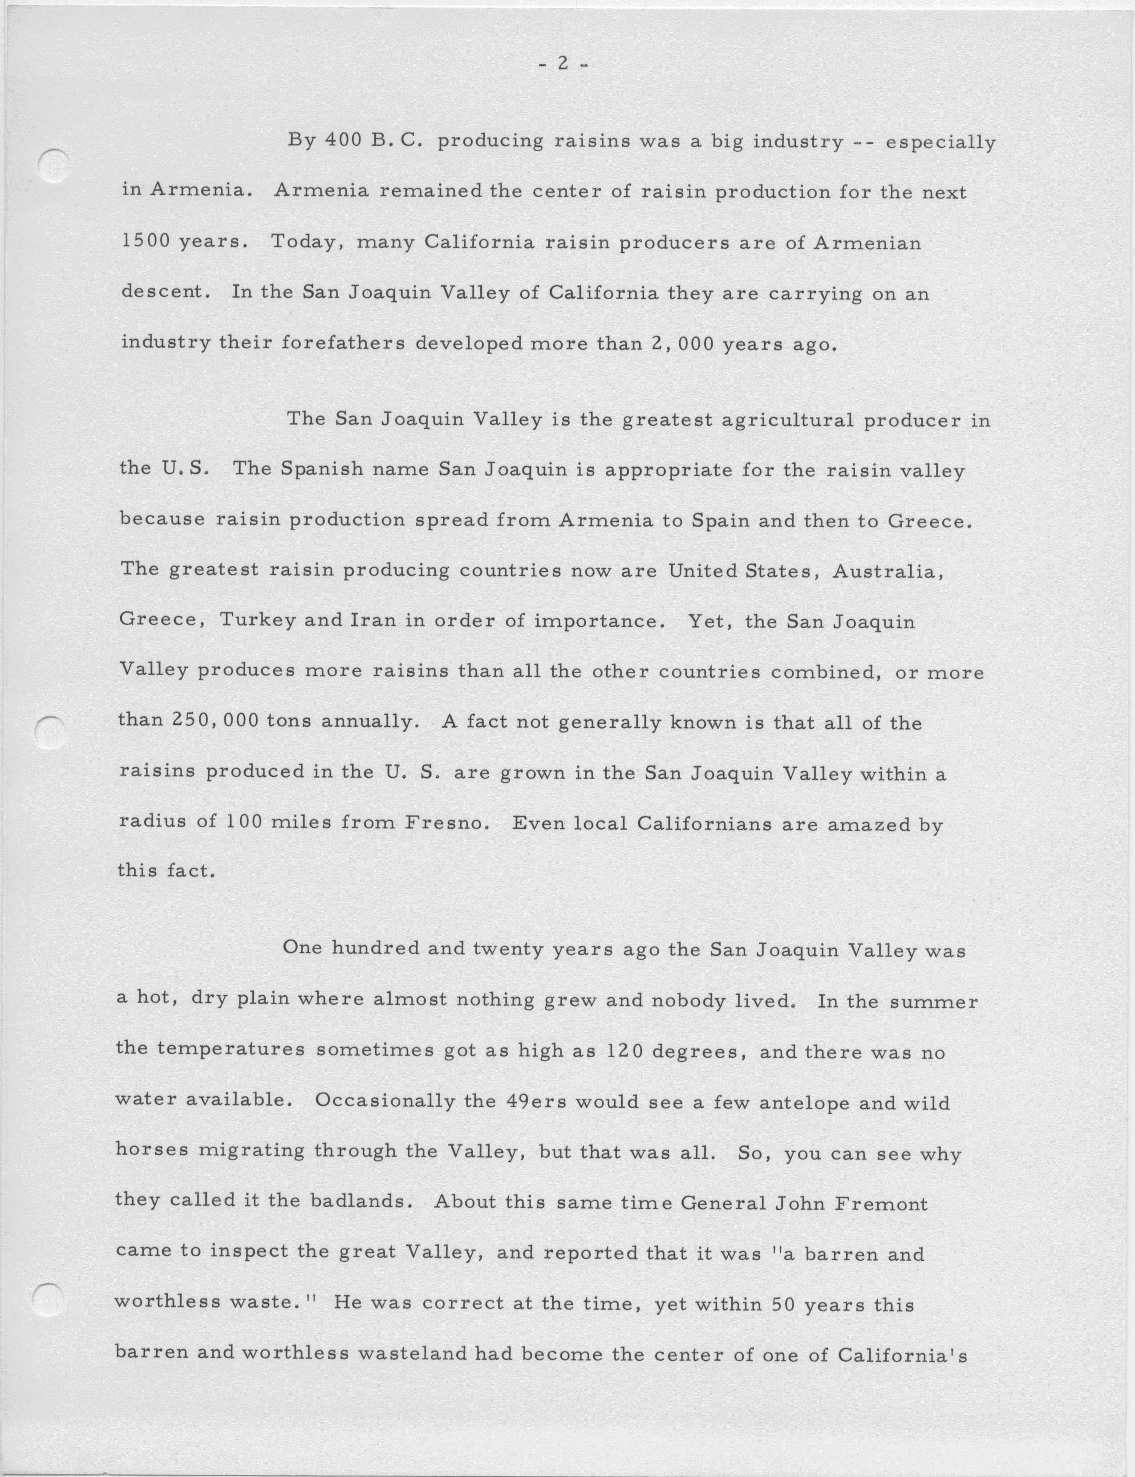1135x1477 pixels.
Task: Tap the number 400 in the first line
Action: pyautogui.click(x=341, y=141)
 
